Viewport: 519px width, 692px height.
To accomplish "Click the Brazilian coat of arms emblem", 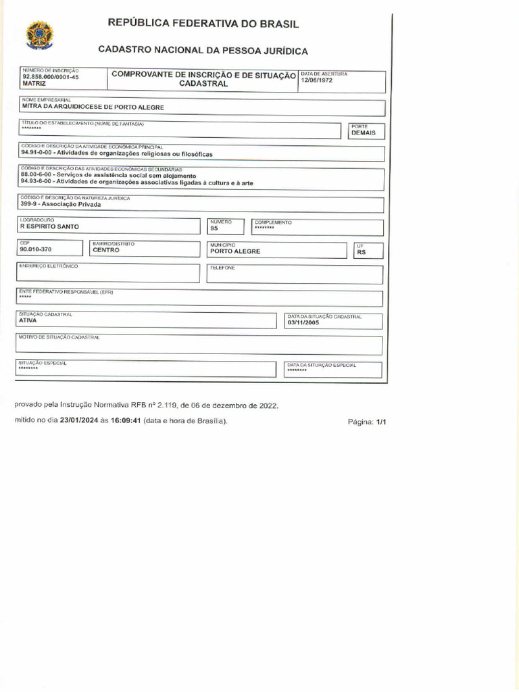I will (x=39, y=34).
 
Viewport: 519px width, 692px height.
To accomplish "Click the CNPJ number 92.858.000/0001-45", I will (x=51, y=77).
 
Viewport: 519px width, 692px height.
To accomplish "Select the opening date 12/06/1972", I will (x=317, y=80).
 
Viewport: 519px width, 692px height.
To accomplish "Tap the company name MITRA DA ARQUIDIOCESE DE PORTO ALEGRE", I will (x=93, y=107).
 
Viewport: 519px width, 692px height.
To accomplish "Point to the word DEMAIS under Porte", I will (x=363, y=133).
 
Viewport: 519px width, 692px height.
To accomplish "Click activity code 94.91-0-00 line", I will (x=116, y=154).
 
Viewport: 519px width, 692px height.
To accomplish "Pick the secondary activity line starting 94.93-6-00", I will (x=137, y=182).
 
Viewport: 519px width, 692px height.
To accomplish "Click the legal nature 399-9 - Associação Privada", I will (x=61, y=204).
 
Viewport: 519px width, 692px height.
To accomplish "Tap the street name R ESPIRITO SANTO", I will (x=49, y=227).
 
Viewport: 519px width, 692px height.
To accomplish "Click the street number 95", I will (x=214, y=228).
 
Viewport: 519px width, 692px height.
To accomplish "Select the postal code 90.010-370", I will (x=36, y=250).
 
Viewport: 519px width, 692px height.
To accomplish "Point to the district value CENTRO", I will (x=106, y=250).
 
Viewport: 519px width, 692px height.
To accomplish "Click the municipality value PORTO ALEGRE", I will (x=234, y=251).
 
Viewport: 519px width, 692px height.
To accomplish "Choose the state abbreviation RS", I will (x=361, y=253).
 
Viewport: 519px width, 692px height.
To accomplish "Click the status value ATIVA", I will (x=28, y=320).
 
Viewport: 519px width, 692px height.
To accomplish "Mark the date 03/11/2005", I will (x=302, y=322).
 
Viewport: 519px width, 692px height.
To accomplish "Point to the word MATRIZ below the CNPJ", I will (x=34, y=84).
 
